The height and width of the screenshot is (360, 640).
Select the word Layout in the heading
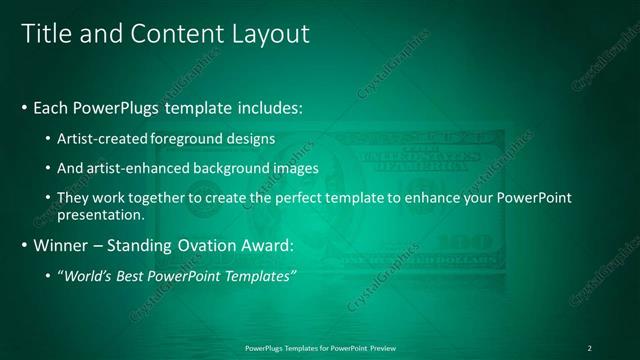272,34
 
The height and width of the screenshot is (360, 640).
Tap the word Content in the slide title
165,34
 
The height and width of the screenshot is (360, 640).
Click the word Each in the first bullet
52,107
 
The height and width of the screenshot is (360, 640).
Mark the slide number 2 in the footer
589,348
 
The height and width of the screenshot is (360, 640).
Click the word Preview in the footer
383,348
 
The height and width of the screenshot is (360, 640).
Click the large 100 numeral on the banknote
465,243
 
